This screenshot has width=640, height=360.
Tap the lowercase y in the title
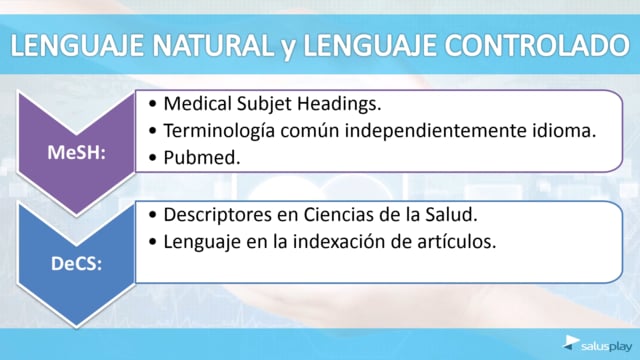(x=288, y=49)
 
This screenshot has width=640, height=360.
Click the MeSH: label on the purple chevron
(x=76, y=153)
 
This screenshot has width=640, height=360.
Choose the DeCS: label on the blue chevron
(x=76, y=264)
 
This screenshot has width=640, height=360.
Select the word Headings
(x=339, y=104)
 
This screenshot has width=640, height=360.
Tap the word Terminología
(x=219, y=131)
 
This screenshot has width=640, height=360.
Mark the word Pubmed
(x=202, y=158)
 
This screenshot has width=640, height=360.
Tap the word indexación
(x=339, y=242)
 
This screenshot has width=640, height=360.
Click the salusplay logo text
(x=607, y=347)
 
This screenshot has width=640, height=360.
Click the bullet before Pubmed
(x=153, y=158)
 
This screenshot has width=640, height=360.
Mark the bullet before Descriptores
(x=153, y=215)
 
